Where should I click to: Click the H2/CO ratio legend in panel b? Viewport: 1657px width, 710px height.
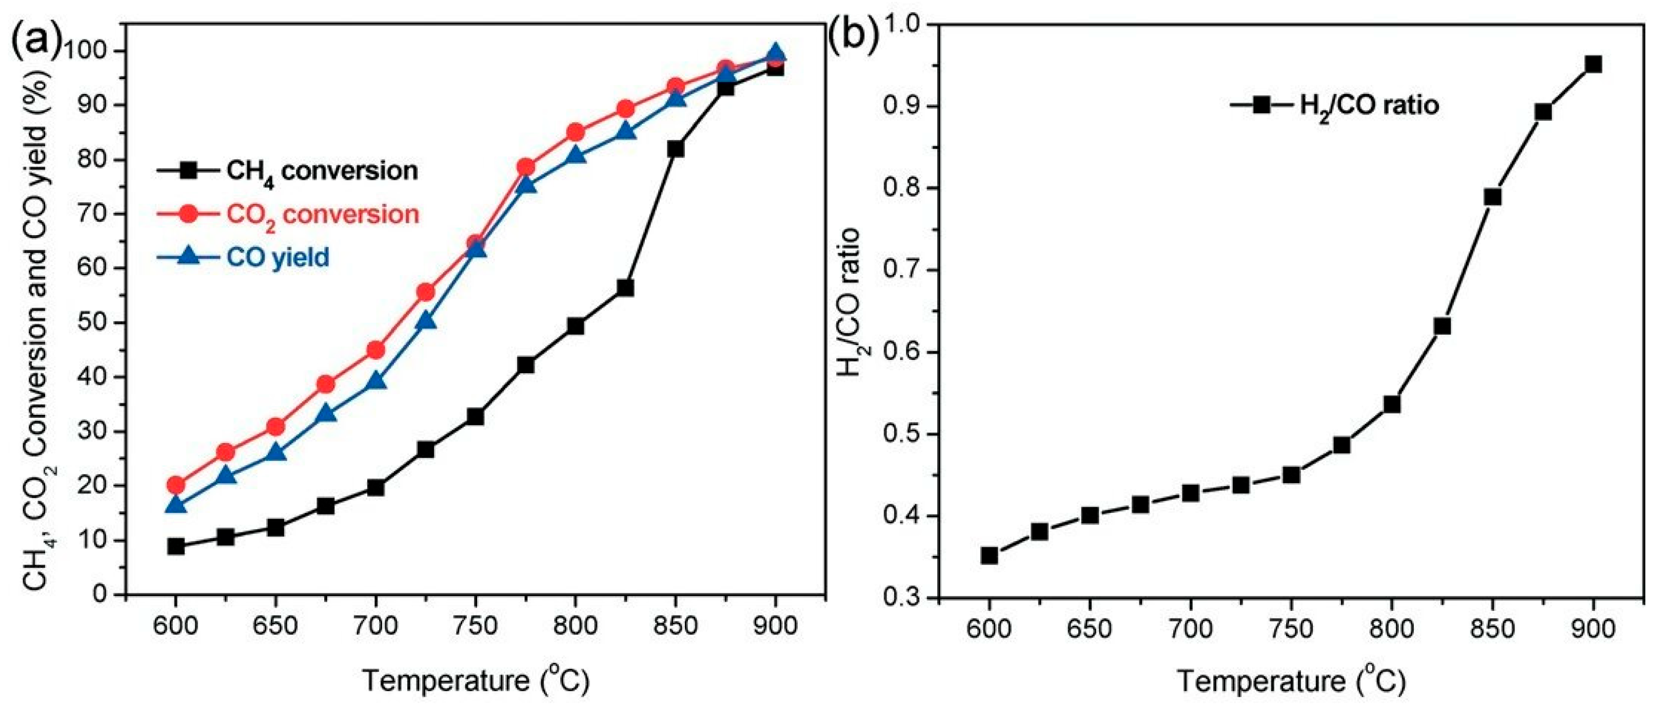(x=1334, y=105)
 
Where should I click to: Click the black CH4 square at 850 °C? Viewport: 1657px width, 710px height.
(x=676, y=149)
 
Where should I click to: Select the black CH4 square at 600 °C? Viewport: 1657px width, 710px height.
(x=176, y=547)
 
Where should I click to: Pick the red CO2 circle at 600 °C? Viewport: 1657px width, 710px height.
(x=176, y=485)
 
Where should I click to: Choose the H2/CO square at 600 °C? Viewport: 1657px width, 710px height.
(x=989, y=555)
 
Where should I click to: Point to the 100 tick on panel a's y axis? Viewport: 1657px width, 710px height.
(x=90, y=51)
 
